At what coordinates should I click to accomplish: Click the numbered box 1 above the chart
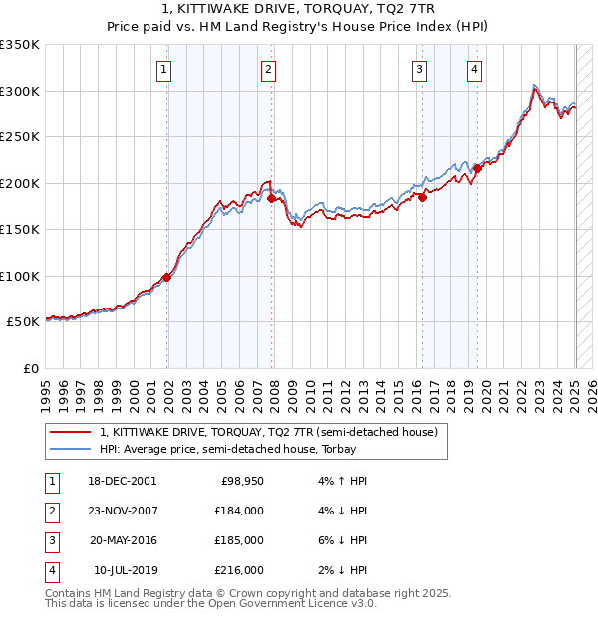pos(162,69)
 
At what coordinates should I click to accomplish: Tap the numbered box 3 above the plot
pos(419,69)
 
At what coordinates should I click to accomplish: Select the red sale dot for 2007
pos(271,199)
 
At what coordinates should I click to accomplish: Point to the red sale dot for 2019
pos(477,169)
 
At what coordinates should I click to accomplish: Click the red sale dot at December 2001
pos(167,278)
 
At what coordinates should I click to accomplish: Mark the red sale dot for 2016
pos(422,197)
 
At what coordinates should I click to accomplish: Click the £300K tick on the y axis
pos(20,91)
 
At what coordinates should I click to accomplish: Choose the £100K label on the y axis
pos(20,276)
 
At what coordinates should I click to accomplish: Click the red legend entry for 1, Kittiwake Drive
pos(269,432)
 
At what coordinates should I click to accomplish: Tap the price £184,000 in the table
pos(240,512)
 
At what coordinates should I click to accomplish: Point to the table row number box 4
pos(51,570)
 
